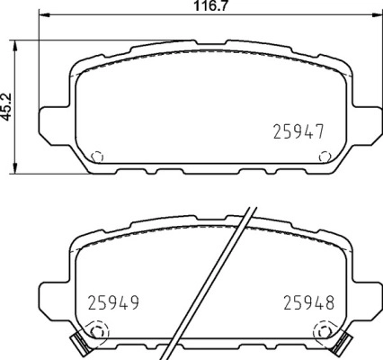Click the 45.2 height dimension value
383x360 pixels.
[x=8, y=107]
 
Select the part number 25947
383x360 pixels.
[x=298, y=131]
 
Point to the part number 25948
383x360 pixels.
[x=308, y=302]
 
